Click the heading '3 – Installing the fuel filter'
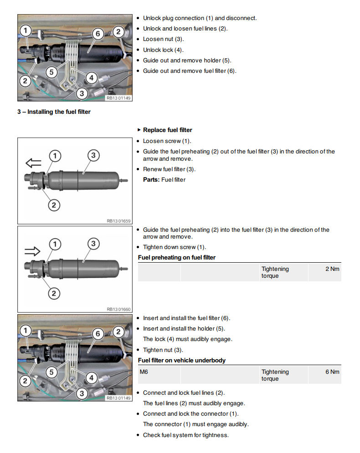tap(54, 112)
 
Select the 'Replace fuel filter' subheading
tap(167, 130)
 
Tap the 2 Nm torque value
tap(332, 269)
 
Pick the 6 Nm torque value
tap(332, 372)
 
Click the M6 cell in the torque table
tap(144, 372)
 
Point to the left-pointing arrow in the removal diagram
tap(33, 163)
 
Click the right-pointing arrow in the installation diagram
tap(33, 251)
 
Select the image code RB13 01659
tap(118, 221)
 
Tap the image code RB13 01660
tap(118, 309)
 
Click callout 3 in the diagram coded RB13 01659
tap(93, 156)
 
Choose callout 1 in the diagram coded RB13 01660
tap(55, 244)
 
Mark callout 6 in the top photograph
tap(97, 33)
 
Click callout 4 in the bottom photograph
tap(91, 377)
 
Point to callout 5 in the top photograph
tap(51, 71)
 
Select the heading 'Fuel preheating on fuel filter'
tap(176, 258)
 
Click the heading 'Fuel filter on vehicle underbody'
tap(181, 361)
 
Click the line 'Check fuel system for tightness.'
tap(185, 435)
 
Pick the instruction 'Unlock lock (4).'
tap(163, 50)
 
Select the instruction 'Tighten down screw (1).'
tap(174, 247)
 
